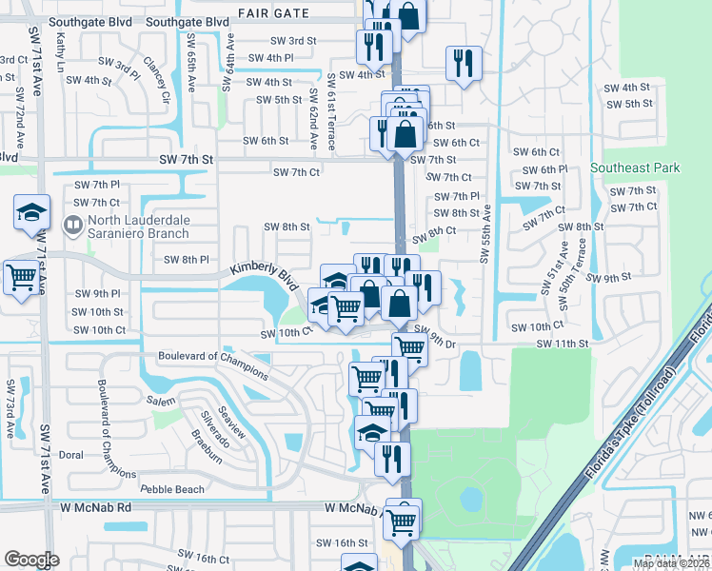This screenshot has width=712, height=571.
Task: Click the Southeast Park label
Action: [x=636, y=167]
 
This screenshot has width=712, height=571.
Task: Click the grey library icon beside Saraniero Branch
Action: [x=72, y=226]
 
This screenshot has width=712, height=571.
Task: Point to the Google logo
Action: [x=31, y=559]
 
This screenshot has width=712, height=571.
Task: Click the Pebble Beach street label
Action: [x=172, y=489]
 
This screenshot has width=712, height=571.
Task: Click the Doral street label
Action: [x=71, y=456]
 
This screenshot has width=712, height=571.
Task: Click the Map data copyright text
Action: [x=670, y=563]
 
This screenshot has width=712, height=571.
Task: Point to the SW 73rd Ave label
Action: [x=10, y=408]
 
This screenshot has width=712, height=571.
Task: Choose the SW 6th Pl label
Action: [x=545, y=169]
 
